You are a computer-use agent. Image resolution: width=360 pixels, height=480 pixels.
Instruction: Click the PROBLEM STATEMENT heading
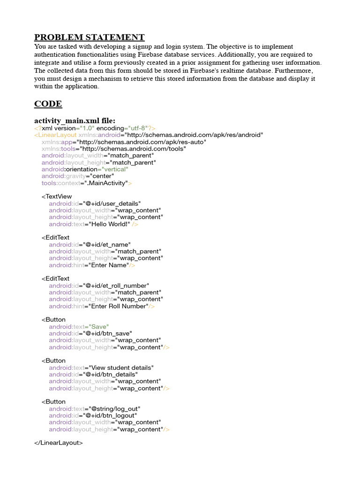[90, 37]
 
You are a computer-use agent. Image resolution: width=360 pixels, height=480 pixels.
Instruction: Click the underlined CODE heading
[48, 104]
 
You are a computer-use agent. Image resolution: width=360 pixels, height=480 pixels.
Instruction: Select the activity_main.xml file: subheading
[75, 120]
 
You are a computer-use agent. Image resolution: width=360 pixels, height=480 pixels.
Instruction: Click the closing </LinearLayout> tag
[59, 442]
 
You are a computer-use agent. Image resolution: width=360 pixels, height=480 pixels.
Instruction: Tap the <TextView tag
[57, 196]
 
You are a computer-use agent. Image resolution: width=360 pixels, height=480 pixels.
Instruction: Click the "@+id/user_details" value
[112, 203]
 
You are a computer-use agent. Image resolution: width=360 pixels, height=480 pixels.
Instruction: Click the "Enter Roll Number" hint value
[119, 306]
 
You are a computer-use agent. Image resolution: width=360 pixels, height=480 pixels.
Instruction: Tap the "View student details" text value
[120, 367]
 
